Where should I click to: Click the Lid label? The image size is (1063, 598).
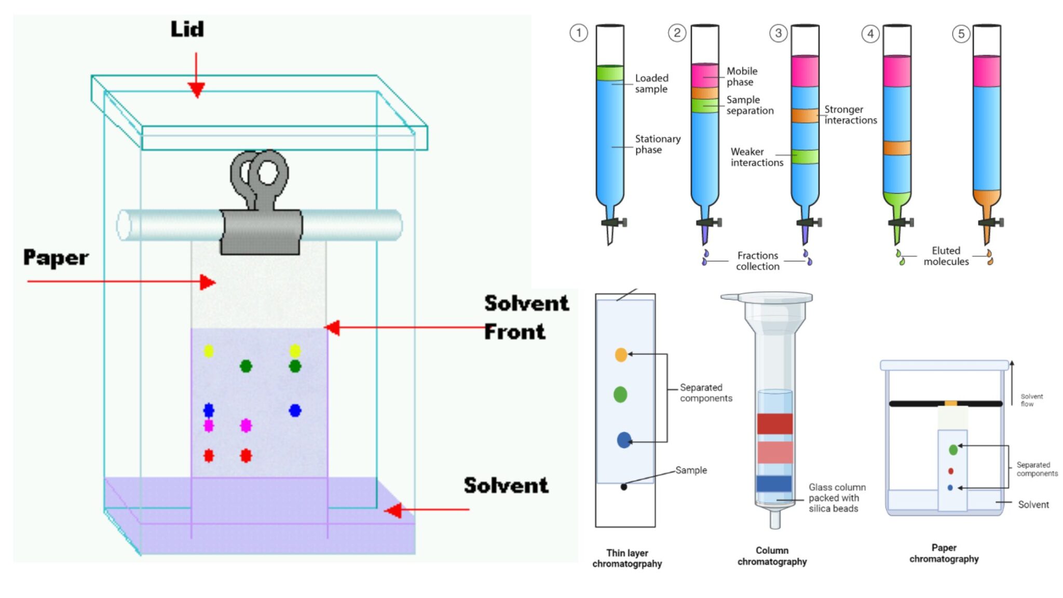[187, 29]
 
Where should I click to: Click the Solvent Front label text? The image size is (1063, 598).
[525, 317]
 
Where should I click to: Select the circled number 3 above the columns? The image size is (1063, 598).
[778, 33]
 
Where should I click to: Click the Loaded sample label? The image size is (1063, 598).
[651, 84]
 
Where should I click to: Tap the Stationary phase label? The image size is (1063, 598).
[657, 144]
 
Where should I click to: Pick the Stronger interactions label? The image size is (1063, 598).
[850, 115]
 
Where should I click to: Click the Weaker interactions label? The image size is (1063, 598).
[756, 157]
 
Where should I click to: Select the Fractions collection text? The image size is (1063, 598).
[757, 261]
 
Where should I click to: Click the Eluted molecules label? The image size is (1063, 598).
[946, 256]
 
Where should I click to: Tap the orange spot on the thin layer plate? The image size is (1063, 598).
[621, 355]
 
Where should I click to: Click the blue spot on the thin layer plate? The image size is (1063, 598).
[624, 440]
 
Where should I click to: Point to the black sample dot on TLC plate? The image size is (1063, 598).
[624, 487]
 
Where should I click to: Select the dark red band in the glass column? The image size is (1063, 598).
[774, 424]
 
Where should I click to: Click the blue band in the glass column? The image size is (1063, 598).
[774, 484]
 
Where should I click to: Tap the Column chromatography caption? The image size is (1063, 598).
[772, 556]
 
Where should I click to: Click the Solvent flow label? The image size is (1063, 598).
[1031, 400]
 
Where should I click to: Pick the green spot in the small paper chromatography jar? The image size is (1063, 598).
[953, 450]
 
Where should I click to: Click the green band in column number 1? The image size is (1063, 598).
[610, 73]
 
